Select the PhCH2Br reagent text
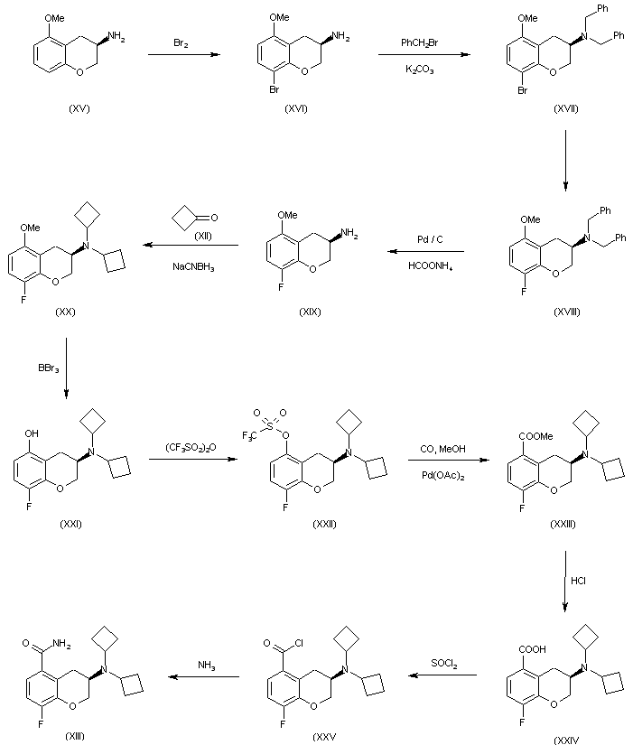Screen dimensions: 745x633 tap(422, 42)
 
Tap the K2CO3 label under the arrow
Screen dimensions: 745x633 tap(420, 70)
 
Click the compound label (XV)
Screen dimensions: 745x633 tap(80, 108)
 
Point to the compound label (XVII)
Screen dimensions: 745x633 tap(566, 108)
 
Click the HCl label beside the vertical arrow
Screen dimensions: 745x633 tap(579, 582)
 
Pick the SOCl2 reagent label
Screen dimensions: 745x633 tap(443, 665)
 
